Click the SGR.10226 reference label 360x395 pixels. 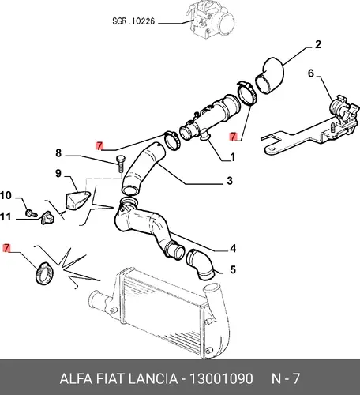point(133,21)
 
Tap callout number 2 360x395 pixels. point(318,44)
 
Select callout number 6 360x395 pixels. point(311,73)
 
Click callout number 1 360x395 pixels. point(232,157)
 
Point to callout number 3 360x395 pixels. point(230,181)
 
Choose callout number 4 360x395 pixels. point(233,248)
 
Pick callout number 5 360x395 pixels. point(233,270)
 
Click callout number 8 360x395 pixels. point(58,153)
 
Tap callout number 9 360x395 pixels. point(58,174)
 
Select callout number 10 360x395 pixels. point(6,195)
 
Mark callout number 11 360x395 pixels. point(6,216)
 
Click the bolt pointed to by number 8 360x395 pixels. point(119,164)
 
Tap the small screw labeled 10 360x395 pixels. point(32,213)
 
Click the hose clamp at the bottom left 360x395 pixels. point(44,273)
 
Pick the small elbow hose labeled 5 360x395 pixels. point(200,264)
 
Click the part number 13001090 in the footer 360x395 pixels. point(221,378)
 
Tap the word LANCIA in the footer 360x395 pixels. point(152,378)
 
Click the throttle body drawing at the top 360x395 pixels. point(211,18)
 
